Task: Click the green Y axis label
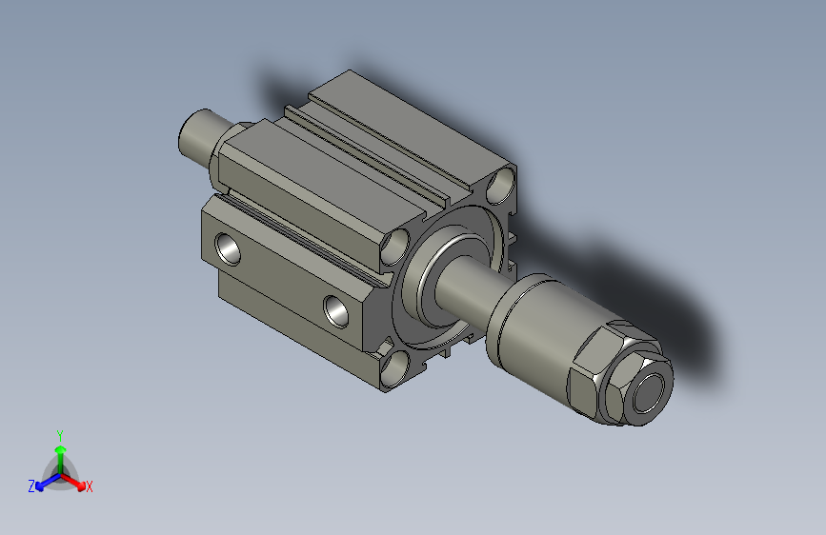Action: pos(60,434)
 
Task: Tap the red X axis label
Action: pos(90,487)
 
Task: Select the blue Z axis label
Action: pos(31,486)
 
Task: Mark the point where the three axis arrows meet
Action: pos(60,471)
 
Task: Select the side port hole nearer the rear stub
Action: pos(229,247)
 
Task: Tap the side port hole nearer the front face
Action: pos(335,308)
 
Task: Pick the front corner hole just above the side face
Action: pos(394,248)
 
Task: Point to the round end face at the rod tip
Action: pos(652,393)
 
